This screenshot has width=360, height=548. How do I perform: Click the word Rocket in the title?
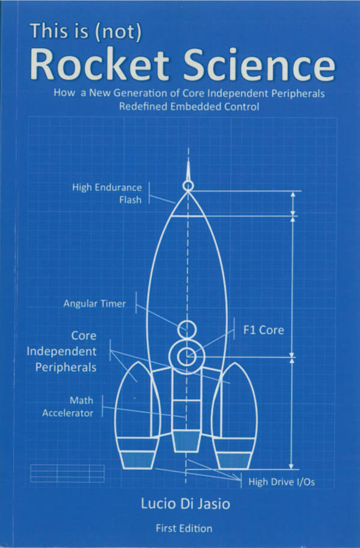100,65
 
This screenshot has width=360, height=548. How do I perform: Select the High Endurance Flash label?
107,193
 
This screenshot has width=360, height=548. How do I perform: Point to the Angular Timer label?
94,303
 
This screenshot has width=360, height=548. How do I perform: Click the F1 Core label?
263,330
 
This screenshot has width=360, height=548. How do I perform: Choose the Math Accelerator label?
68,406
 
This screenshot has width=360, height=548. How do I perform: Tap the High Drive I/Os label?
281,482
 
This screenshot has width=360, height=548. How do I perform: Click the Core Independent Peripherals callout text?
61,352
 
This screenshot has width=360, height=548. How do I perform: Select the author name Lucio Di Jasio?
185,504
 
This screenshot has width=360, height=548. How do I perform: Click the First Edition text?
184,528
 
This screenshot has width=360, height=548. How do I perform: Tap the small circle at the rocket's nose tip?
188,186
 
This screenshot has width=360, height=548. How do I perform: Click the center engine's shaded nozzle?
186,441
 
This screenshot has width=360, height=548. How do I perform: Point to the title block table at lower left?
67,473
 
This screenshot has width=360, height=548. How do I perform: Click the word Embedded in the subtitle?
196,106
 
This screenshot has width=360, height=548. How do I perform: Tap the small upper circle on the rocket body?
187,329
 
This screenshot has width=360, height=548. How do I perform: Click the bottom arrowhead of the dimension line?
291,465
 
